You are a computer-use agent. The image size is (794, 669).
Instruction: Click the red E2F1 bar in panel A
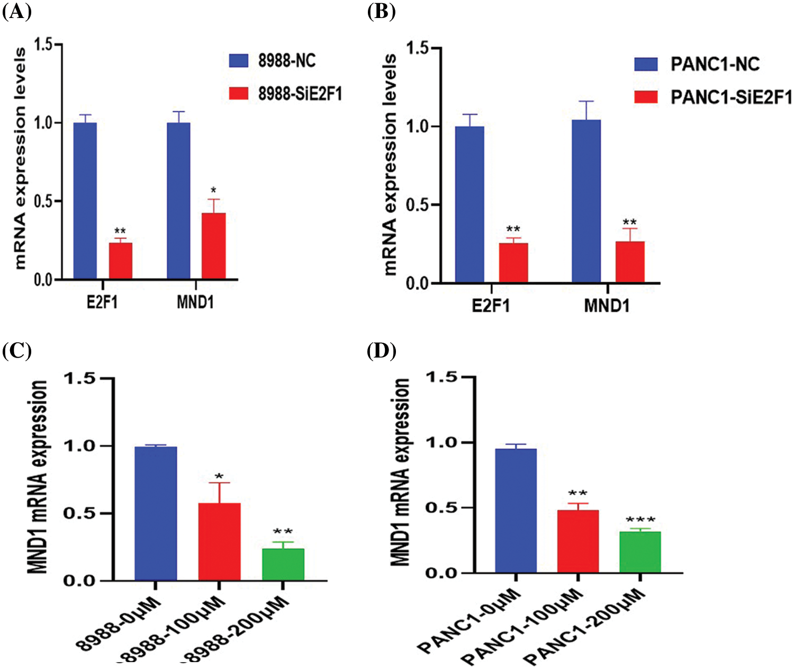tap(121, 260)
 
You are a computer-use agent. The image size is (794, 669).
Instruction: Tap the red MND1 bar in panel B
tap(630, 262)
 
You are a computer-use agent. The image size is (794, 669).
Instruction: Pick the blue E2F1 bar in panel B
tap(470, 204)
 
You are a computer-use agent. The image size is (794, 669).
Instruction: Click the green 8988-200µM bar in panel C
tap(283, 565)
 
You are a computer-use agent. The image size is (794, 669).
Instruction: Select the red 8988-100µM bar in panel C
tap(219, 541)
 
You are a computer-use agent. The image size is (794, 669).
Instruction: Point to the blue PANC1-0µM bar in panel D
tap(516, 511)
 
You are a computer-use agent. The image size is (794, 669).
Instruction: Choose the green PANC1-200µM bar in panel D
tap(639, 552)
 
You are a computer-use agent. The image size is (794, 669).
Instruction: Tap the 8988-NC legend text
tap(287, 61)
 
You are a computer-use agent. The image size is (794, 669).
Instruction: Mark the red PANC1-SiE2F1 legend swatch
tap(646, 97)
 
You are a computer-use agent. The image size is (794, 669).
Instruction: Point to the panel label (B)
tap(381, 12)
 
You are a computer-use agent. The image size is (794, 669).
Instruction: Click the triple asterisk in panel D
tap(640, 520)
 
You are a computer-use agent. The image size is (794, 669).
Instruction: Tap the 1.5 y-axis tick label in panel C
tap(79, 378)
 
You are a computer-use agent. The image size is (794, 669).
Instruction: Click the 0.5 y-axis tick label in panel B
tap(417, 205)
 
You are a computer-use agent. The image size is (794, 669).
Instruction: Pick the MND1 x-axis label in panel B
tap(607, 306)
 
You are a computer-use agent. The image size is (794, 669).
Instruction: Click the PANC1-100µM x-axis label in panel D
tap(524, 630)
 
